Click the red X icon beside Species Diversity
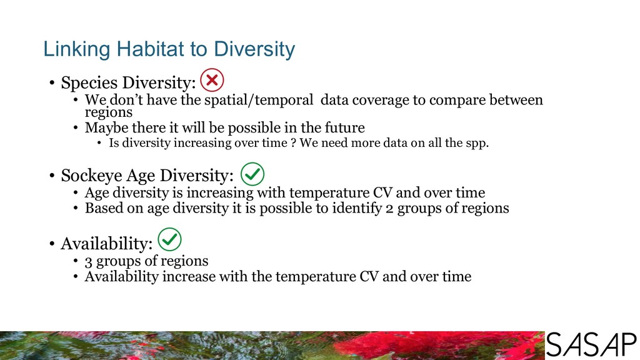pos(212,80)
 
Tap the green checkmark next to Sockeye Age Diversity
pos(252,174)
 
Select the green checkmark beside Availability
pos(169,239)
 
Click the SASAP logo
pos(591,345)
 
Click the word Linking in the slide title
pos(77,49)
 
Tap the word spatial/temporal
pos(259,100)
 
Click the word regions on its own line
pos(109,112)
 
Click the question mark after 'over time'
pos(293,143)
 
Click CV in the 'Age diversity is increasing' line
pos(382,192)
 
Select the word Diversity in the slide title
pos(254,49)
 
